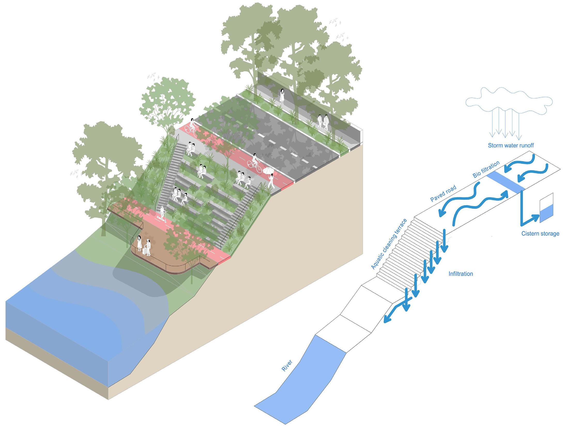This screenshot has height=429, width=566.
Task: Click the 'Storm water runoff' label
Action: tap(510, 145)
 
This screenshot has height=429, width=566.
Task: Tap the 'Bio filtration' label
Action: tap(486, 169)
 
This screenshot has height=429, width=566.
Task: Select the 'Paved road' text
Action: tap(443, 193)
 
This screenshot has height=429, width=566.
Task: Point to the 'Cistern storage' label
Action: tap(540, 234)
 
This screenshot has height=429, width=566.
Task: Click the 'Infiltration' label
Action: tap(461, 274)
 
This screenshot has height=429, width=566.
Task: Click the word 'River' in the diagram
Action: tap(287, 365)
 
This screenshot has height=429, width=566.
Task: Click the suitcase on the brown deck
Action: tap(145, 250)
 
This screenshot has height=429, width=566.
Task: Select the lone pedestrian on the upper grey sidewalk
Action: tap(282, 96)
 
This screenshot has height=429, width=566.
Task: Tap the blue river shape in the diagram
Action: tap(302, 380)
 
